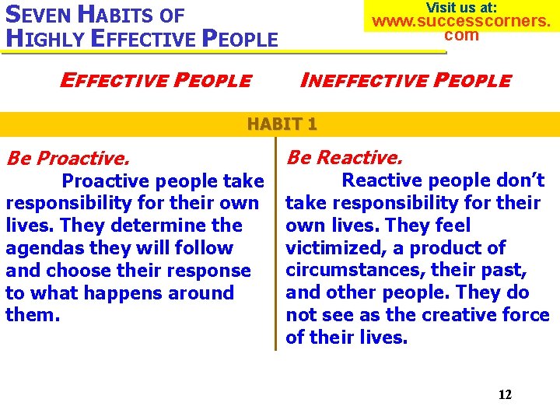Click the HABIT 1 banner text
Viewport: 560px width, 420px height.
[282, 124]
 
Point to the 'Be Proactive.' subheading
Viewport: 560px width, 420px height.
[68, 159]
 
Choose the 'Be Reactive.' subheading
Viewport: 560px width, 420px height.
[345, 157]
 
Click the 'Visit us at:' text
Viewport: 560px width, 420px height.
[461, 7]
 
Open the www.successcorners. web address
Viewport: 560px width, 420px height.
[461, 21]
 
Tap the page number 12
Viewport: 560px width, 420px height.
[505, 394]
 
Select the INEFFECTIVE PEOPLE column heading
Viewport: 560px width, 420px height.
[405, 80]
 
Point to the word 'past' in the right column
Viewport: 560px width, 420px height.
[506, 271]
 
